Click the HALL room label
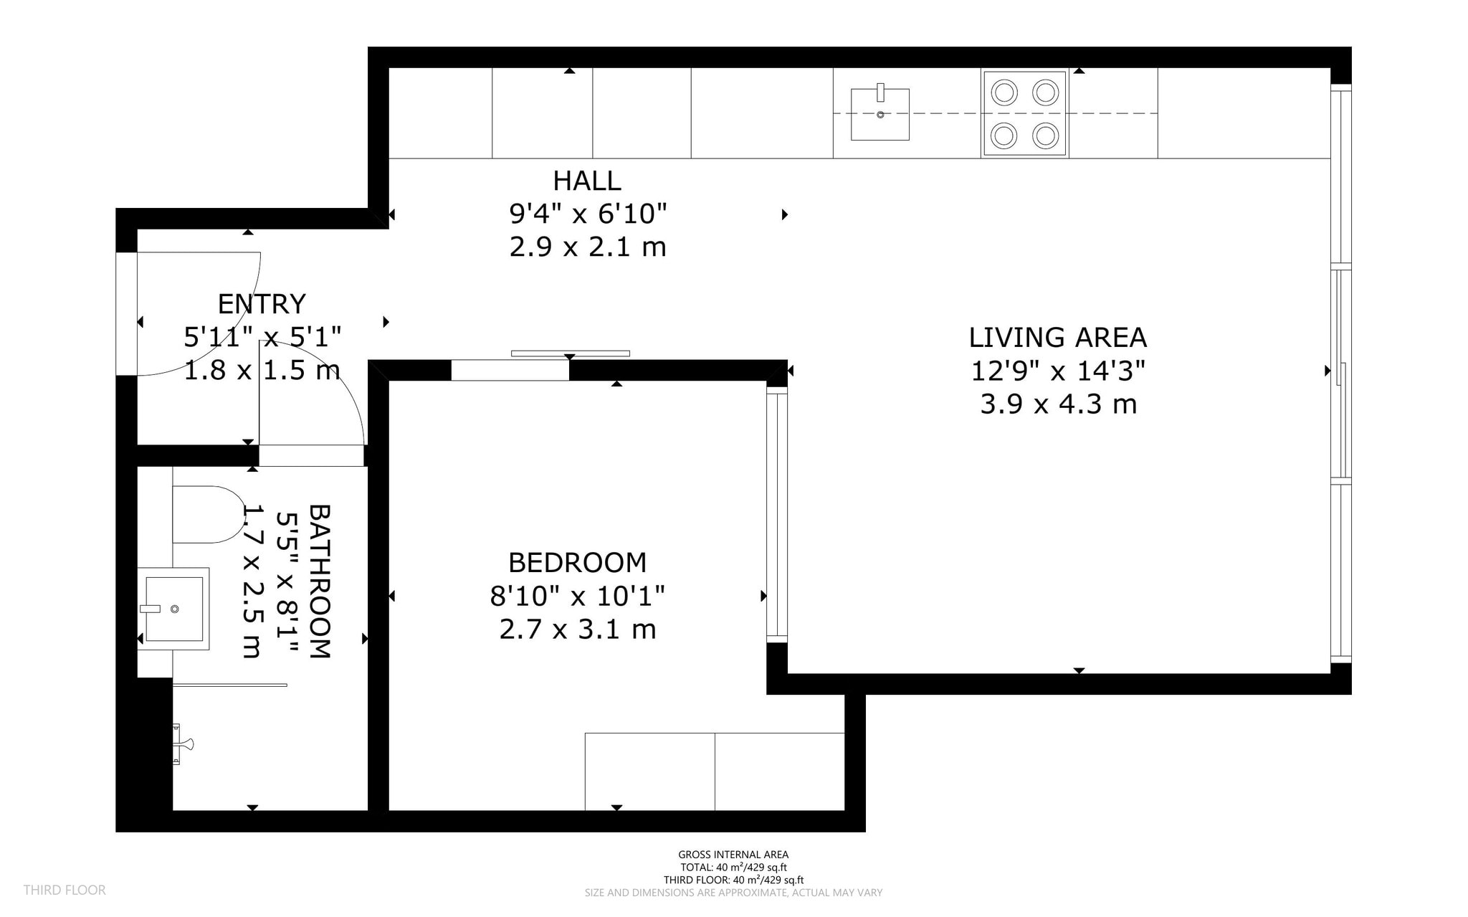(587, 181)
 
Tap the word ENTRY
(262, 304)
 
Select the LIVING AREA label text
(1058, 338)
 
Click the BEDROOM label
(577, 563)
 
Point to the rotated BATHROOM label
(320, 581)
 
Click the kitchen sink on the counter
(880, 114)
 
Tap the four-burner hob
(1024, 114)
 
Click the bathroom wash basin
(173, 609)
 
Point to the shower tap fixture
(182, 744)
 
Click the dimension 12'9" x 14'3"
(1058, 371)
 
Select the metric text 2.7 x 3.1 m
(578, 629)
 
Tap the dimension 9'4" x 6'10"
(588, 214)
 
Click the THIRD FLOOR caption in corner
(65, 890)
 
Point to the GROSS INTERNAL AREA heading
(733, 855)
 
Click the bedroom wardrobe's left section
(649, 771)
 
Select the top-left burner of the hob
(1004, 92)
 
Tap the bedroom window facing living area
(777, 513)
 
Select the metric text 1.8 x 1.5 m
(262, 371)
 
